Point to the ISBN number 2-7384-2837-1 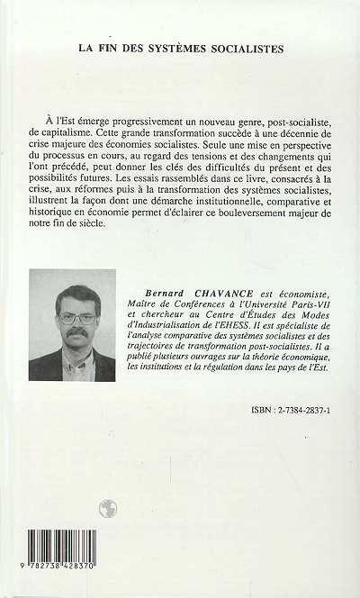coord(299,433)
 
